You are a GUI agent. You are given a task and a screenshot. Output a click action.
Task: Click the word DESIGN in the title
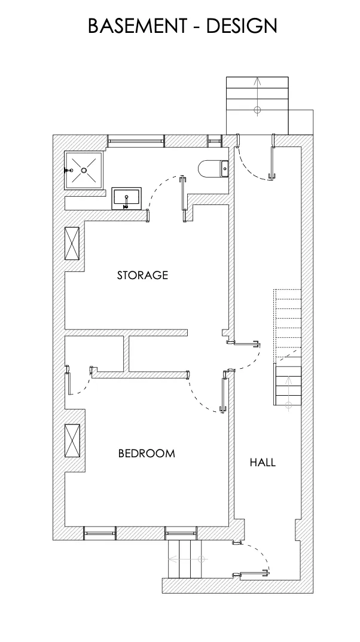pos(242,26)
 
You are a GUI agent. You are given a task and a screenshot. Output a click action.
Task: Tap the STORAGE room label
pos(142,276)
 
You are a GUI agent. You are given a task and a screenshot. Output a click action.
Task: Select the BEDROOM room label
pos(147,454)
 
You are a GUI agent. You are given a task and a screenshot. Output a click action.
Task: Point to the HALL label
pos(263,462)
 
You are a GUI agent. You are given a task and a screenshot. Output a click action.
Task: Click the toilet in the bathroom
pos(213,169)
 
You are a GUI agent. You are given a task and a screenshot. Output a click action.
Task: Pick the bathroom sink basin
pos(127,198)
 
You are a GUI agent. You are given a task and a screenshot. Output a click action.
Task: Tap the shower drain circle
pos(84,170)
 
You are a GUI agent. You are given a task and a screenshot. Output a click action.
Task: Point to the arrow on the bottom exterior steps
pos(185,560)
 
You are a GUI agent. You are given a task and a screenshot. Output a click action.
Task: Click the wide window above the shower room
pos(135,141)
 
